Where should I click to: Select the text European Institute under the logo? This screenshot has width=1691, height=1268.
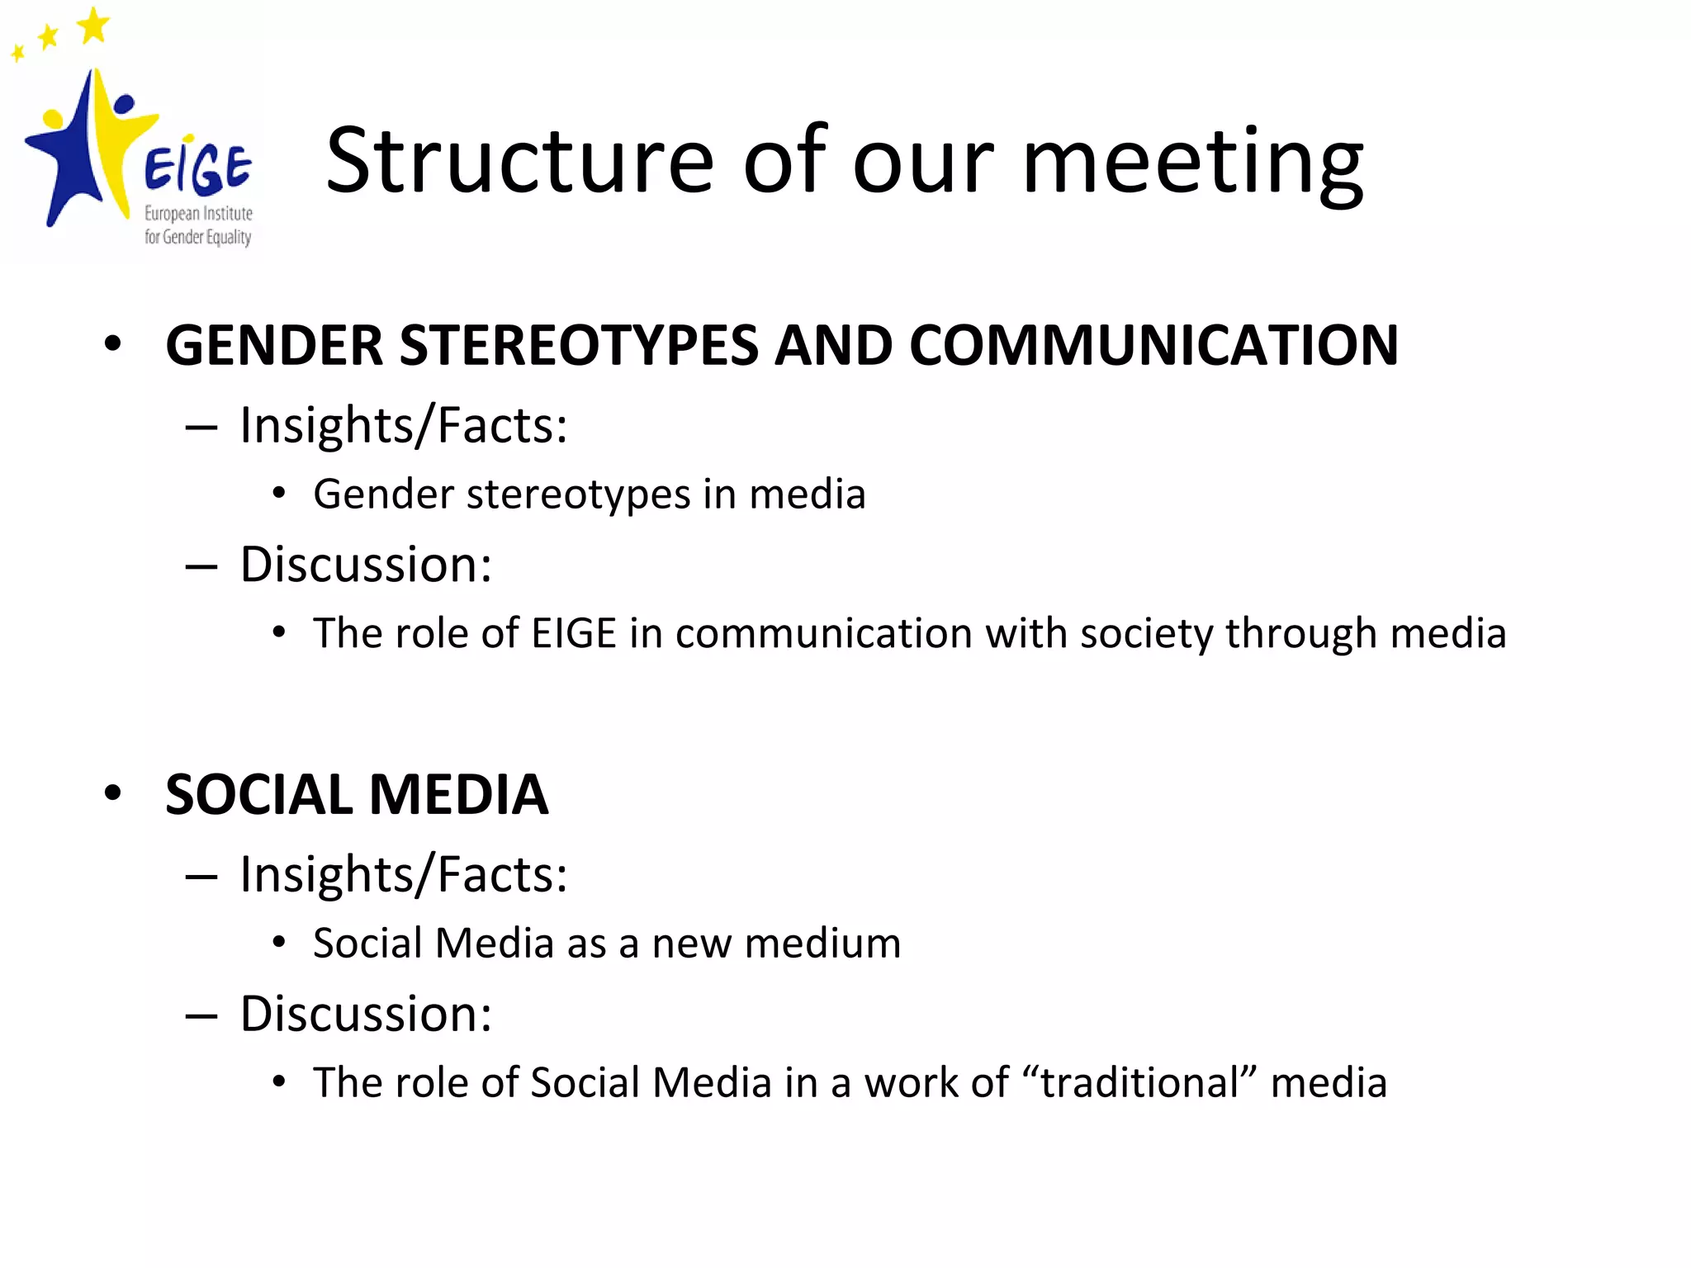[x=198, y=214]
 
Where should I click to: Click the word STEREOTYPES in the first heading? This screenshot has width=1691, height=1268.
[x=578, y=345]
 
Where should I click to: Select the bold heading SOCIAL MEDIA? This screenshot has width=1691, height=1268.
[x=357, y=795]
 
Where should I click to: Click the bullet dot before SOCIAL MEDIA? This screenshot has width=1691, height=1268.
[x=113, y=793]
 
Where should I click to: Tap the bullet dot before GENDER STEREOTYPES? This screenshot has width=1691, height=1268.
[x=113, y=343]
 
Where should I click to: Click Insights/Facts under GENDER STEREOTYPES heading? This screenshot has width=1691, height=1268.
[x=404, y=426]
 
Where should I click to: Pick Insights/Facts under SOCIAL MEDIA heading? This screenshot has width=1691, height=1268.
[x=404, y=875]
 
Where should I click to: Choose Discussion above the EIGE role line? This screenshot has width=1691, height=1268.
[x=366, y=565]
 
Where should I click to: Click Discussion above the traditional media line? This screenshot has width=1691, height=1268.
[x=366, y=1015]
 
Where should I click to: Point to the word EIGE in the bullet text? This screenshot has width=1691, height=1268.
[x=574, y=634]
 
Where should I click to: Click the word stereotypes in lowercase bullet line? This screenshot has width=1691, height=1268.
[x=578, y=495]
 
